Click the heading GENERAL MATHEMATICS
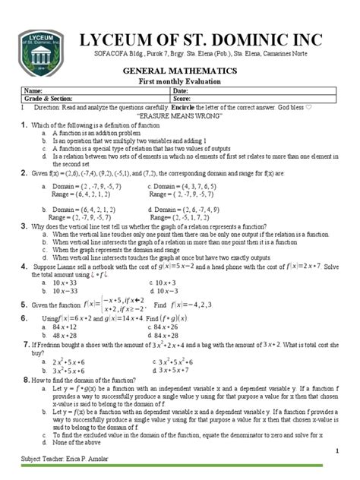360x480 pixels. point(180,69)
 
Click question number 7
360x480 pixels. point(27,344)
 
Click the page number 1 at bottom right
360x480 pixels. point(335,451)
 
